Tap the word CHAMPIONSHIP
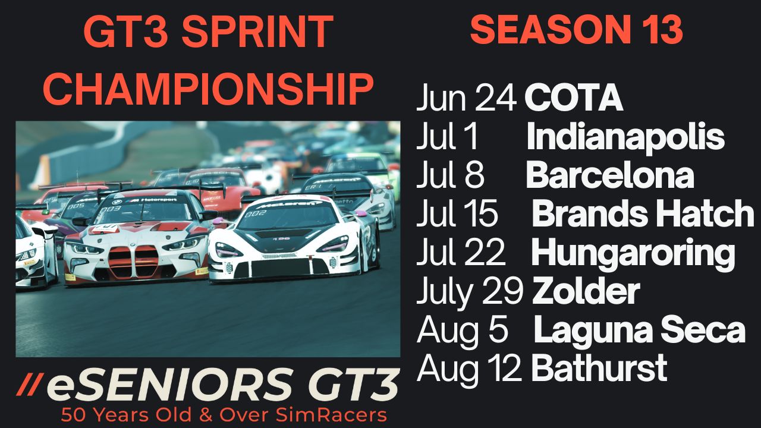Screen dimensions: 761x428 (208, 89)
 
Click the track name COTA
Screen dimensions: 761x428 (574, 98)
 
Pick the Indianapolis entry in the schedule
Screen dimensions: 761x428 (625, 137)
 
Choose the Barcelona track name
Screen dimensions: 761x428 (610, 175)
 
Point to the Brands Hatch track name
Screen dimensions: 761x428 (643, 213)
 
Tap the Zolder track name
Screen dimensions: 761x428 (586, 291)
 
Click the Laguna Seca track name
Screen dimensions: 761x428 (639, 330)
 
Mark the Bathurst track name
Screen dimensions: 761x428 (599, 368)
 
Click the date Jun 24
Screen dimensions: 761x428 (467, 98)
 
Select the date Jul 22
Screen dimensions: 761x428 (461, 252)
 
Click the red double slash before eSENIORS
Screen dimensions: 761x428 (30, 385)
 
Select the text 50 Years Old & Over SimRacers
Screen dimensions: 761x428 (224, 415)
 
